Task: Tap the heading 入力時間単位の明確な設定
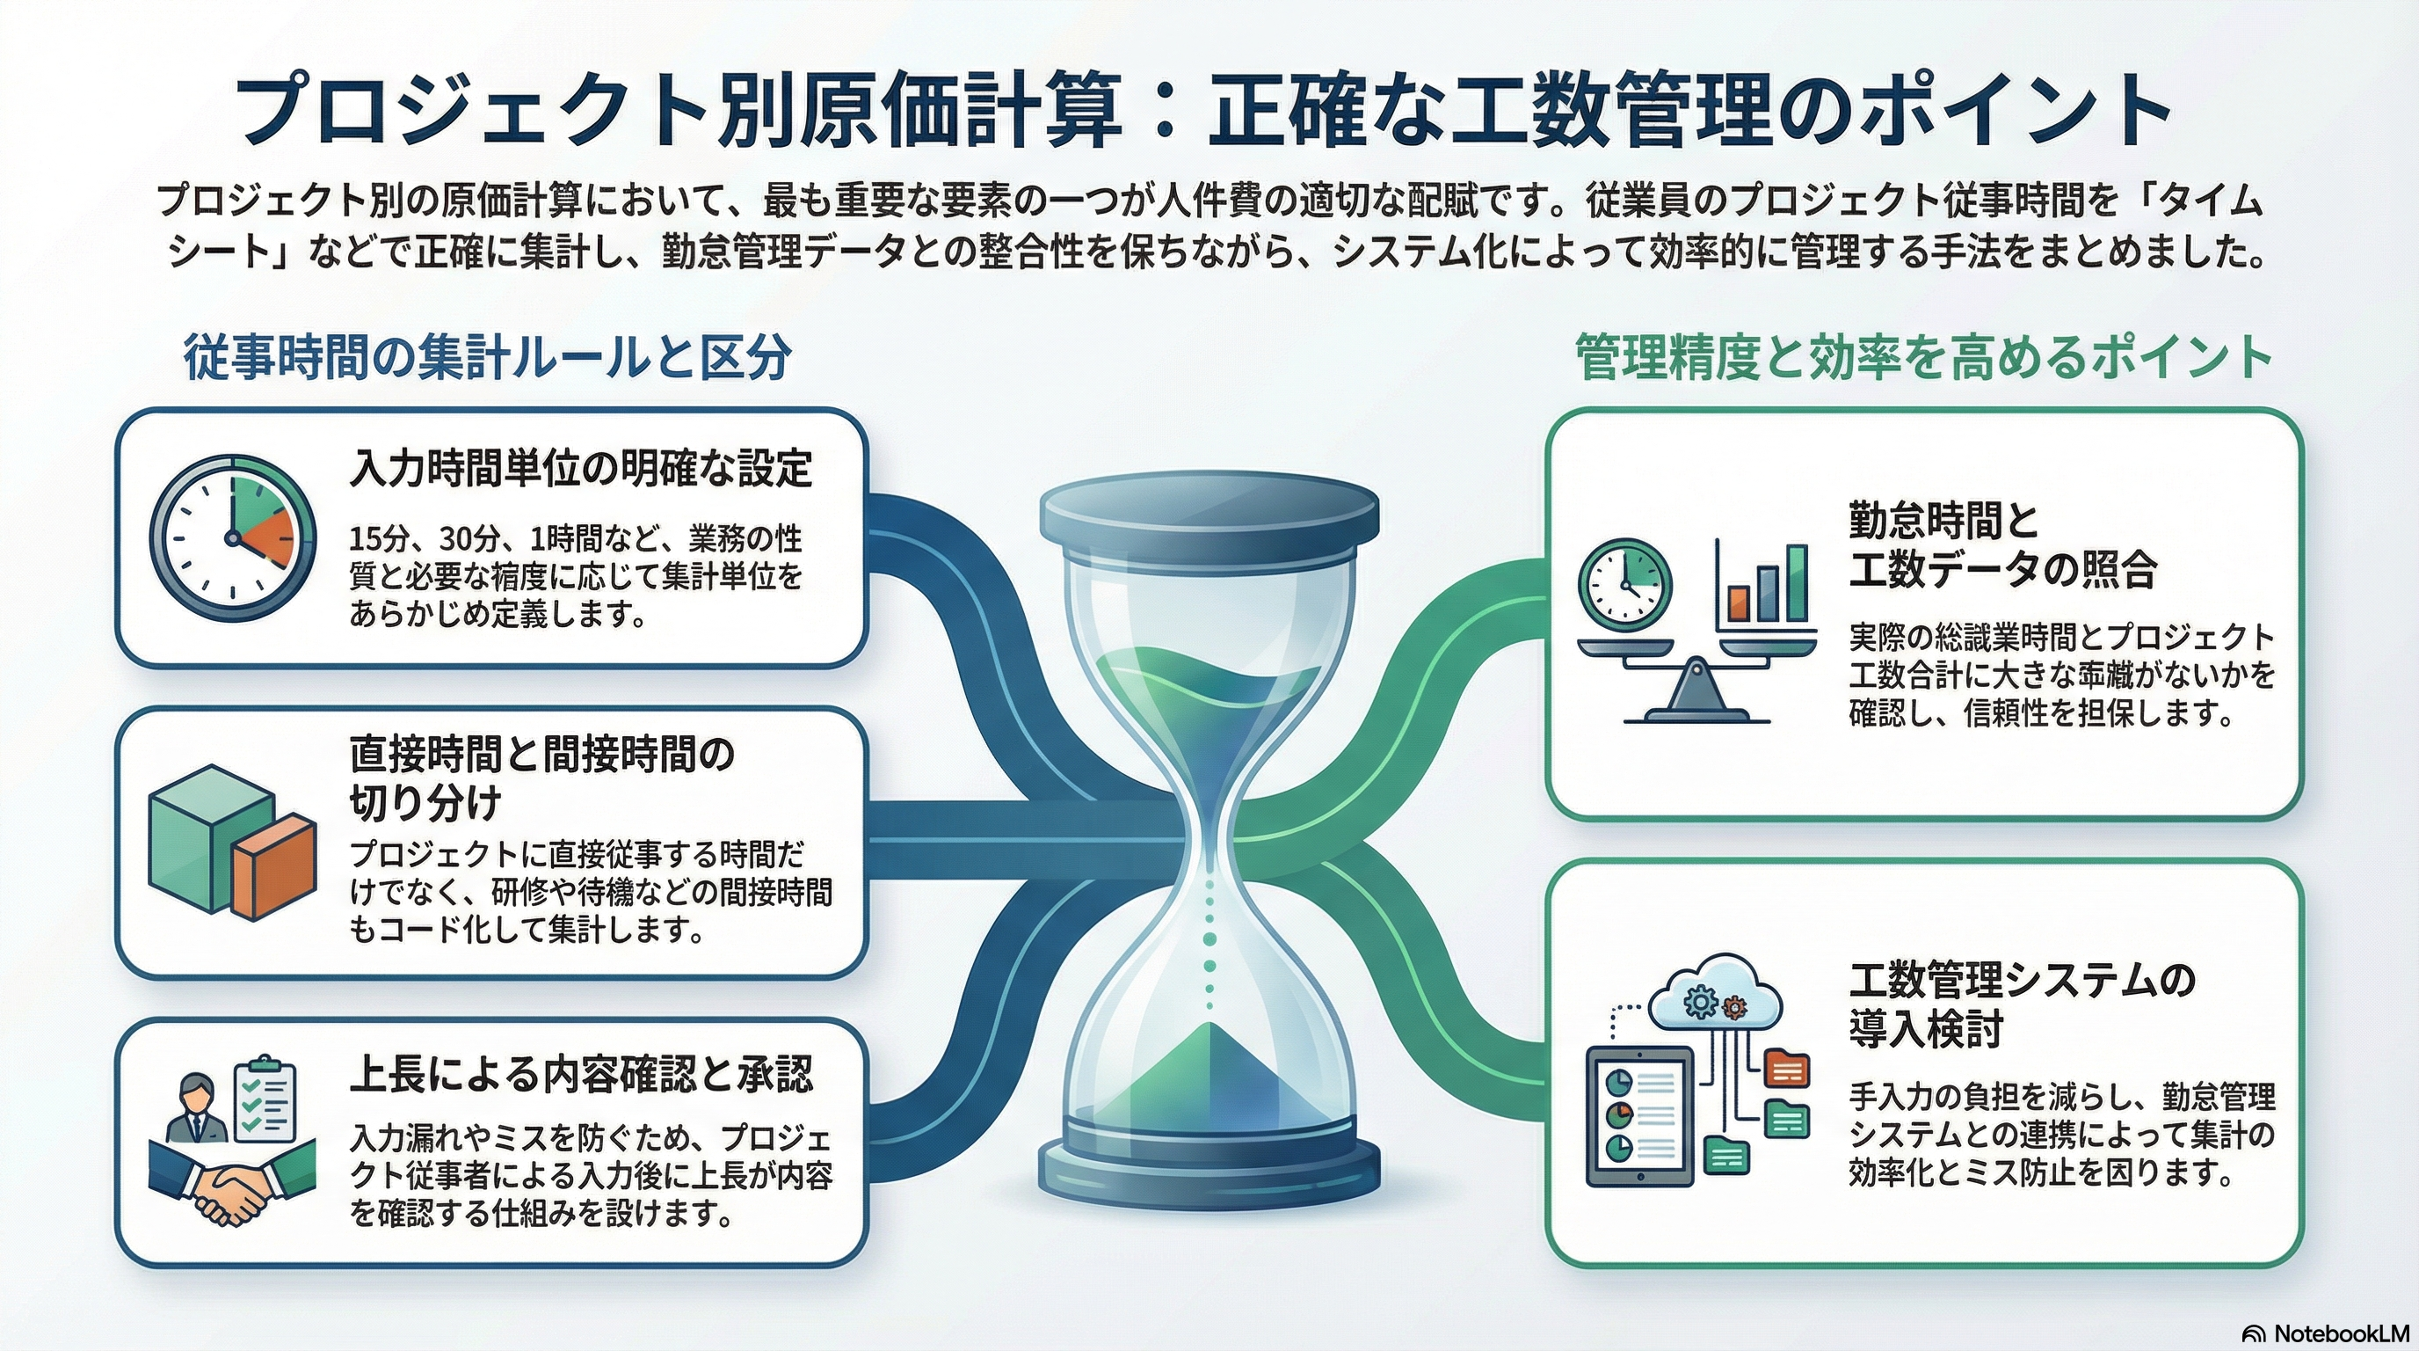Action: tap(580, 468)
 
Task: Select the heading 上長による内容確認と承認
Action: tap(580, 1074)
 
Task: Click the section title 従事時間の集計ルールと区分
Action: tap(487, 358)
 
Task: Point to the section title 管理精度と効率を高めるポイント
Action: tap(1923, 358)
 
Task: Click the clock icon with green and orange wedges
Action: tap(233, 537)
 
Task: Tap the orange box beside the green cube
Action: tap(273, 865)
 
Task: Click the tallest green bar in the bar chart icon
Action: tap(1797, 583)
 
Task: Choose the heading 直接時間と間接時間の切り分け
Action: tap(541, 778)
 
